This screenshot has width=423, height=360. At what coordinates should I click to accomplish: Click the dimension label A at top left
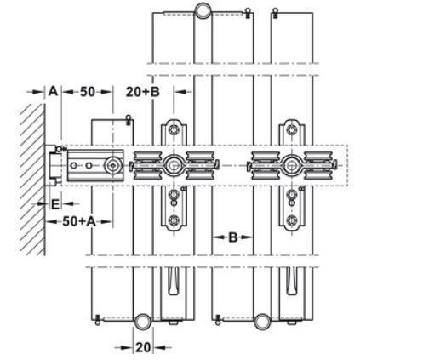(x=53, y=92)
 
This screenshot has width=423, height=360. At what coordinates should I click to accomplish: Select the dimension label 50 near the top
(x=88, y=92)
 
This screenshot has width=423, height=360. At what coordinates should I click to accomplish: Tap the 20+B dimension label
(x=143, y=92)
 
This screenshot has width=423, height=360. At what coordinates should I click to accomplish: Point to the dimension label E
(x=55, y=204)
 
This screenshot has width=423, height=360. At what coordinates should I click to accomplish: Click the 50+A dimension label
(x=79, y=221)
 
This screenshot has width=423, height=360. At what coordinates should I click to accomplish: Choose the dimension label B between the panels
(x=232, y=237)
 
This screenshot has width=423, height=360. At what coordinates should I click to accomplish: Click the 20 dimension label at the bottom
(x=143, y=347)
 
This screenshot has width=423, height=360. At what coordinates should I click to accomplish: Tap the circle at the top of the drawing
(x=203, y=10)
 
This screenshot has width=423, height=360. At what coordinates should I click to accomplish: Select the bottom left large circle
(x=143, y=322)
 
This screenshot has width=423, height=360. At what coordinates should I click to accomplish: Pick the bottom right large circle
(x=262, y=322)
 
